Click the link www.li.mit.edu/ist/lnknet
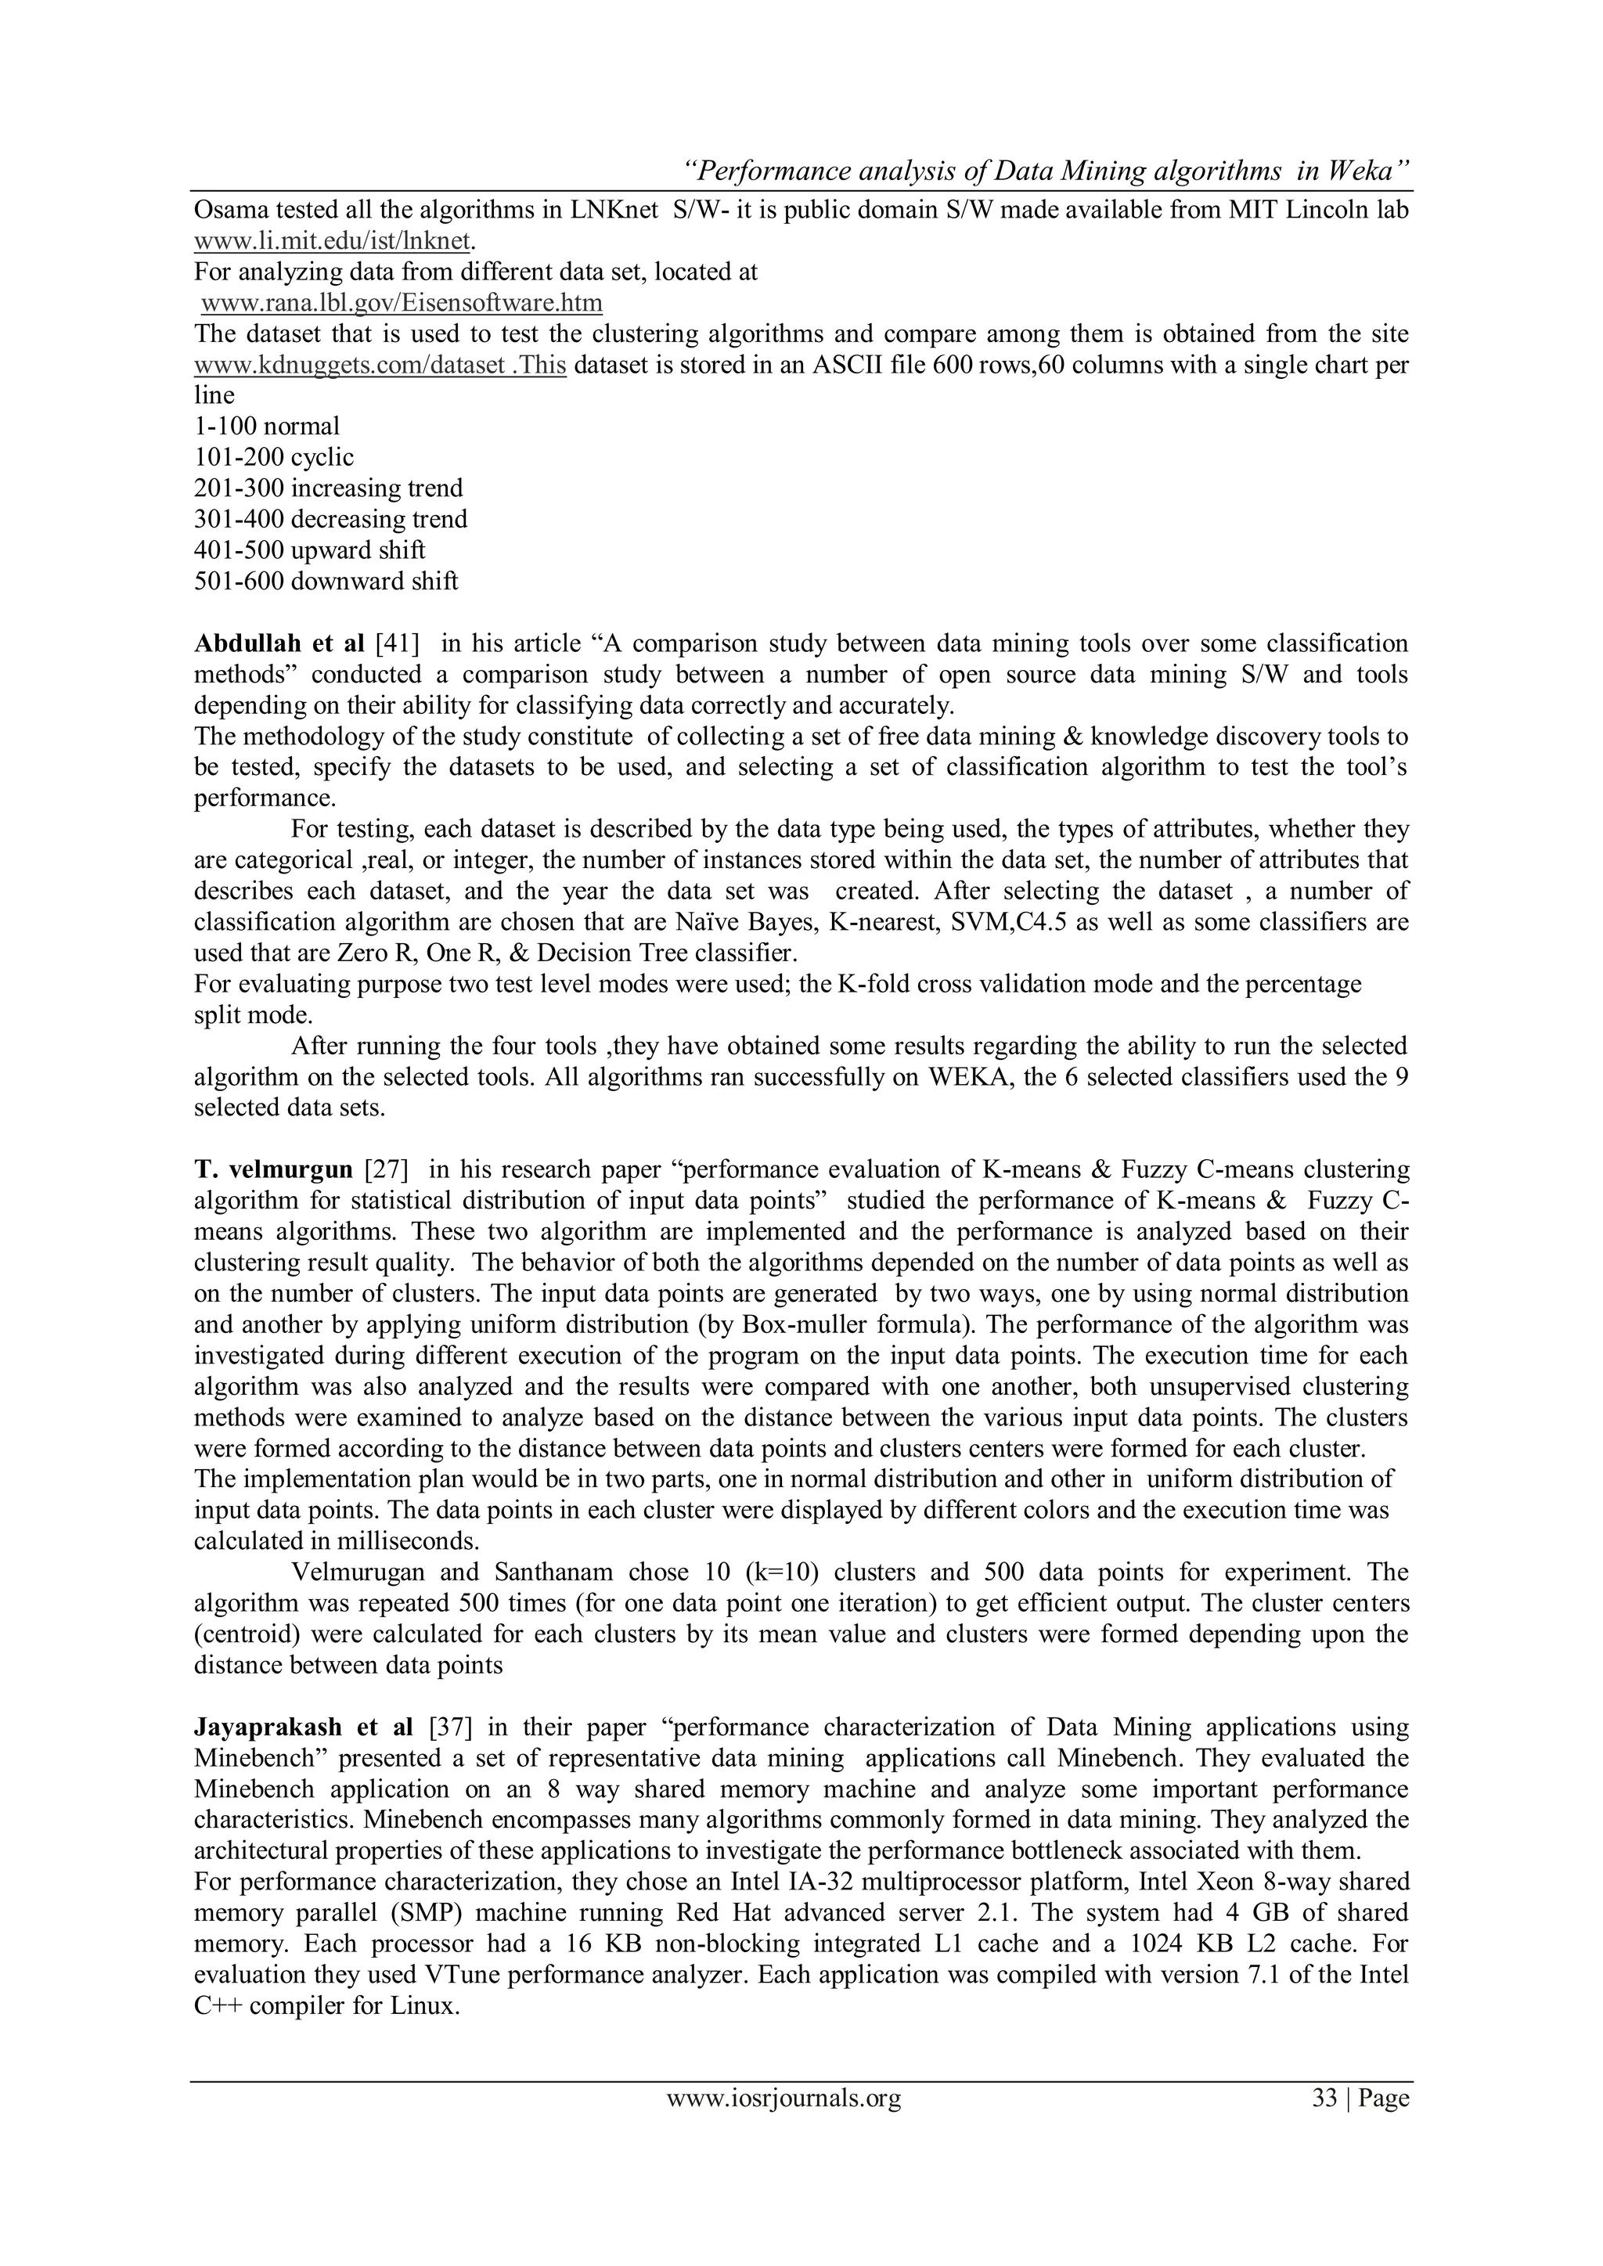[x=333, y=241]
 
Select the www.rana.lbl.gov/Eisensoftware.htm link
[x=401, y=303]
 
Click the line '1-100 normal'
[x=266, y=427]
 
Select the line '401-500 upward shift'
[x=309, y=549]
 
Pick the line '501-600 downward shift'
[x=326, y=582]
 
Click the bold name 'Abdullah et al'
[x=279, y=644]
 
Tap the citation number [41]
[x=397, y=644]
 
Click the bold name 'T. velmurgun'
[x=273, y=1170]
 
